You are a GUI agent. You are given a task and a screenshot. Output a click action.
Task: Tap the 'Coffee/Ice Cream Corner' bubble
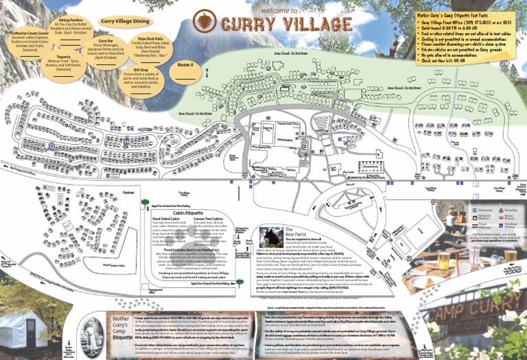pos(30,40)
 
